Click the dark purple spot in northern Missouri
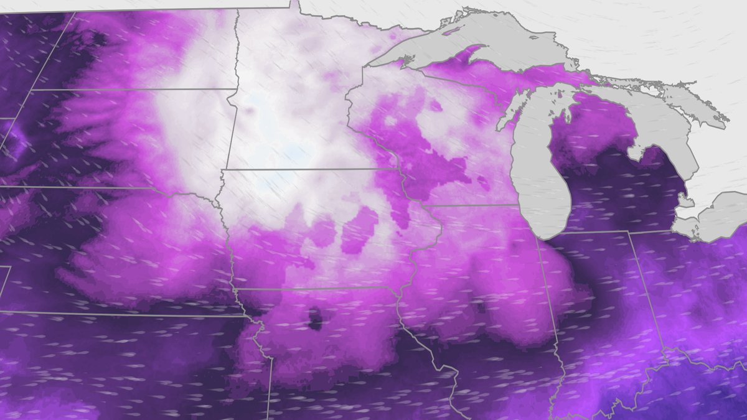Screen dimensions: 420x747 click(x=315, y=319)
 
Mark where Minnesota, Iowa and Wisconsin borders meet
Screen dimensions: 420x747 click(x=398, y=169)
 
